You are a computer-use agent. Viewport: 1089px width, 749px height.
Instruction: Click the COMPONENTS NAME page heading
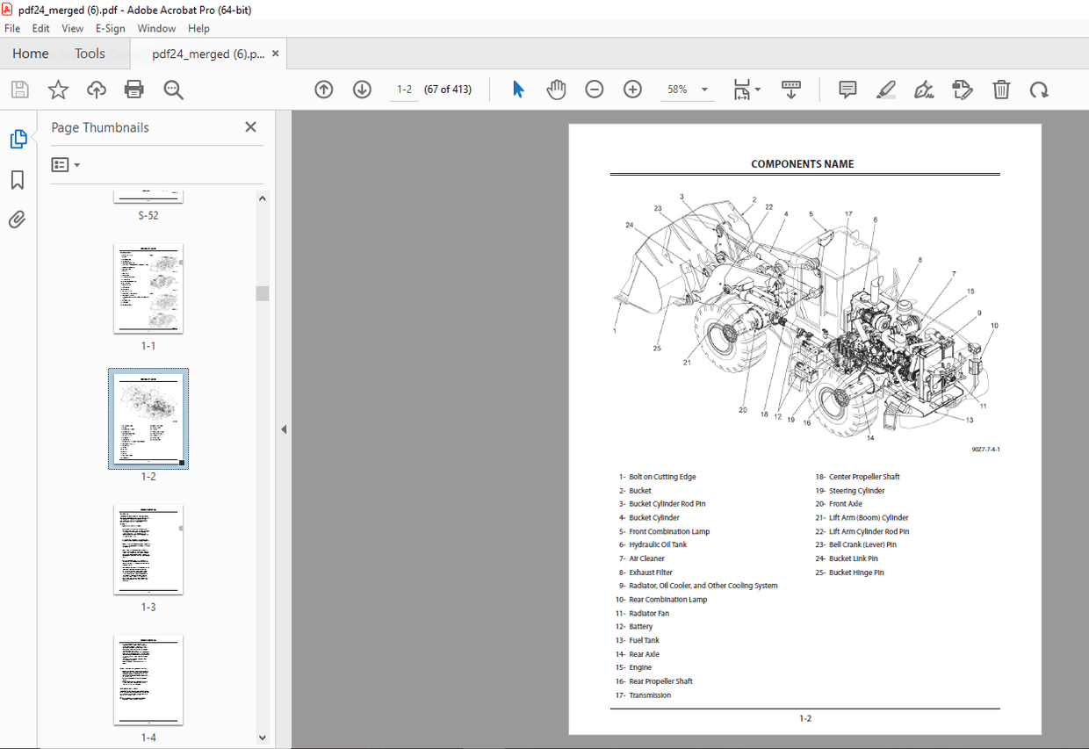[802, 164]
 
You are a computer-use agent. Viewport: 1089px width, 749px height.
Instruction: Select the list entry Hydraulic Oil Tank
[658, 545]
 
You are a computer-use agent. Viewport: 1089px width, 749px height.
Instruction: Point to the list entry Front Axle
[845, 504]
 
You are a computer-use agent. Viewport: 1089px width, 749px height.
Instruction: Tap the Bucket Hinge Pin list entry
[856, 573]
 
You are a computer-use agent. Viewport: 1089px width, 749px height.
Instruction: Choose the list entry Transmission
[650, 695]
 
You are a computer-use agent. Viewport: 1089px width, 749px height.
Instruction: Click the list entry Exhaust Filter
[651, 573]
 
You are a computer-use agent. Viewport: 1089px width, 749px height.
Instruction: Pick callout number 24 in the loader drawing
[629, 225]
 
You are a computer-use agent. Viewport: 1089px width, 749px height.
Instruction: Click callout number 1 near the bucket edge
[615, 331]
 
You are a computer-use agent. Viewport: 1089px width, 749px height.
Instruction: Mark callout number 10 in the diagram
[994, 326]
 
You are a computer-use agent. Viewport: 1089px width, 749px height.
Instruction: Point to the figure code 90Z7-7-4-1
[985, 450]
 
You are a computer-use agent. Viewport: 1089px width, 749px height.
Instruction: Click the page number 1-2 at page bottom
[804, 718]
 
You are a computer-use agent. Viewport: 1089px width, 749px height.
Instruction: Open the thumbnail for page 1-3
[148, 550]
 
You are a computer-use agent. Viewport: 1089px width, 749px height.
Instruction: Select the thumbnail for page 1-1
[148, 289]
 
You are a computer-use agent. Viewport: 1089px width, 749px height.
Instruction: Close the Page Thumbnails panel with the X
[250, 127]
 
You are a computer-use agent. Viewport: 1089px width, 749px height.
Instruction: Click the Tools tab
[90, 54]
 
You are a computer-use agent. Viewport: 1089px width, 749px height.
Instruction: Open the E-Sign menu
[111, 28]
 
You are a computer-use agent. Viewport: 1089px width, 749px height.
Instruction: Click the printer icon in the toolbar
[134, 90]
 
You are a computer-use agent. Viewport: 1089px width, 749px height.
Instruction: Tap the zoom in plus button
[632, 90]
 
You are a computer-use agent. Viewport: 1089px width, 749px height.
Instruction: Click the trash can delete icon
[1001, 90]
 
